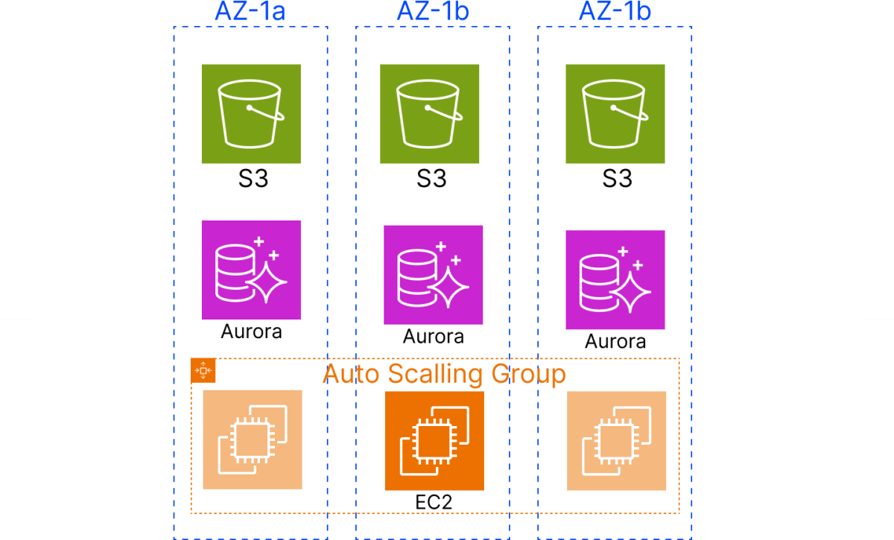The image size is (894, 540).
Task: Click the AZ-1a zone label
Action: click(251, 11)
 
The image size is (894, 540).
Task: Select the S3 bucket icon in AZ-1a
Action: click(251, 113)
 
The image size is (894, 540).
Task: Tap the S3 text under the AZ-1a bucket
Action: click(253, 179)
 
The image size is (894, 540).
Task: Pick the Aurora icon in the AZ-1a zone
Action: click(251, 270)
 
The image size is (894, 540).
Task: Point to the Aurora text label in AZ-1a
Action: click(251, 331)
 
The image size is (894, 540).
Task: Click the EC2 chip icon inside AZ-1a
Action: click(253, 439)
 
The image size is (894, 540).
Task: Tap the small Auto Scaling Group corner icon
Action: click(203, 370)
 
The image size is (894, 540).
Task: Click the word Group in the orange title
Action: click(530, 373)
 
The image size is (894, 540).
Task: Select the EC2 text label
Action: click(434, 502)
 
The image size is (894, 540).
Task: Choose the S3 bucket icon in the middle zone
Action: click(430, 113)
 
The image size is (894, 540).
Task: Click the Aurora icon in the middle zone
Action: click(434, 274)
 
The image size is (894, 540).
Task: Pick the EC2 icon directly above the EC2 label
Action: click(434, 441)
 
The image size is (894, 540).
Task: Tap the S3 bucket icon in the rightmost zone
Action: click(615, 113)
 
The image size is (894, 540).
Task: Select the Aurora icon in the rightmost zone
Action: click(615, 280)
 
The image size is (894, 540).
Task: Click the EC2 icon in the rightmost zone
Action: click(617, 441)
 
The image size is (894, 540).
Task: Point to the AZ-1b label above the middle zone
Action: click(433, 11)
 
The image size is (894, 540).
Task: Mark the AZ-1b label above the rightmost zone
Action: click(615, 11)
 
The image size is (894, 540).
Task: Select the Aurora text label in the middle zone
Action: click(434, 337)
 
